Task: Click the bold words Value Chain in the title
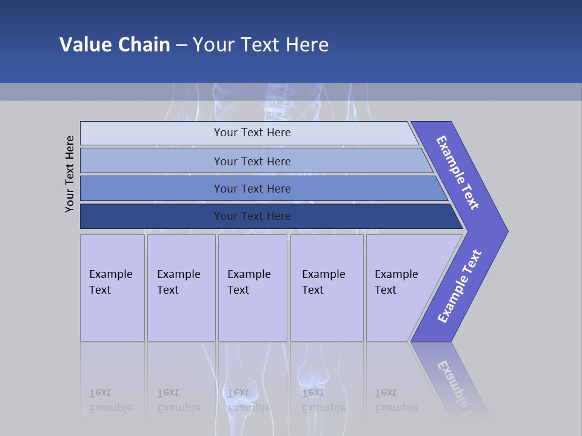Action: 115,44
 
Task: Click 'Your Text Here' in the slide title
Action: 261,44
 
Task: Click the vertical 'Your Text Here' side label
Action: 70,174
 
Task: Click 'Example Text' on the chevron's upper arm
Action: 458,173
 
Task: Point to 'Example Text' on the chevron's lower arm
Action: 459,286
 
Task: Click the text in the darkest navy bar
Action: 252,216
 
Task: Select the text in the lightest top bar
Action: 252,133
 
